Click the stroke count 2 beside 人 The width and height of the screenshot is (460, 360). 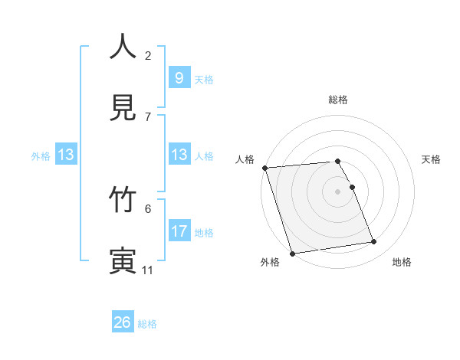click(x=148, y=55)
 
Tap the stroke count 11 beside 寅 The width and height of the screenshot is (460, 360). click(x=148, y=270)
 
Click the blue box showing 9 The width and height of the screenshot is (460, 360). click(x=179, y=77)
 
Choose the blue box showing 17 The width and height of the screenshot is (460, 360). click(x=179, y=231)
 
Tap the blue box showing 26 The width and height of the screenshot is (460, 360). click(x=123, y=322)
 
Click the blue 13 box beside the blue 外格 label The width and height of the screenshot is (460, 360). click(x=66, y=155)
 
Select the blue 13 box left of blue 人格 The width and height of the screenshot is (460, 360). click(x=179, y=155)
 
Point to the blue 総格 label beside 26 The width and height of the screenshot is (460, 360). click(x=147, y=324)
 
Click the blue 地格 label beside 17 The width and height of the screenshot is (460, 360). click(x=204, y=232)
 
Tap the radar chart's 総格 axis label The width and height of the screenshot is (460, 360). click(x=337, y=100)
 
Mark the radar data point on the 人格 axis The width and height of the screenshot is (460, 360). click(x=264, y=168)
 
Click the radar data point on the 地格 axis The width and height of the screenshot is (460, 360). click(x=373, y=242)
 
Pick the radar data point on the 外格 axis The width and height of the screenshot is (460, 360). click(x=292, y=253)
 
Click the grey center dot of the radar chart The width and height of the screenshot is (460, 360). click(x=337, y=191)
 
